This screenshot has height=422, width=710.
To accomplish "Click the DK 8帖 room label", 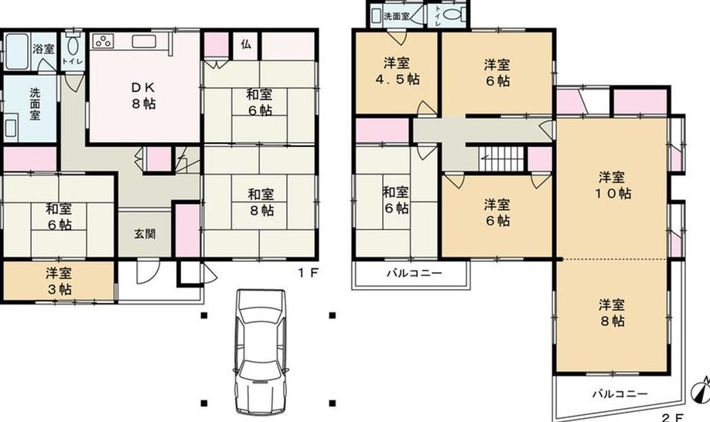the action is [144, 95].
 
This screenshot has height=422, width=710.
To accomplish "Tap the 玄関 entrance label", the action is [145, 234].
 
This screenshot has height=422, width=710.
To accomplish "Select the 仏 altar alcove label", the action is [246, 44].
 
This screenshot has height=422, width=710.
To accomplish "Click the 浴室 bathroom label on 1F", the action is [44, 49].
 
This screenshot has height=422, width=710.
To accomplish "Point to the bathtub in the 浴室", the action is [17, 51].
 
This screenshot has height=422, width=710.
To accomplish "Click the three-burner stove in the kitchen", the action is [103, 42].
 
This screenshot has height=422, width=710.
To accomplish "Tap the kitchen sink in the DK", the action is [144, 42].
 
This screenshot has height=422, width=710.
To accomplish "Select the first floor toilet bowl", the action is [73, 46].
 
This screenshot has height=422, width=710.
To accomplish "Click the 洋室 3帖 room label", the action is [59, 281].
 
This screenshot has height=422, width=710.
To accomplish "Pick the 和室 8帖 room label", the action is [261, 202].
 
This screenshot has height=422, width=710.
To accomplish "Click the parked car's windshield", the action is [261, 315].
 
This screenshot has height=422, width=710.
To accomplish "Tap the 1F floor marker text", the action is [309, 273].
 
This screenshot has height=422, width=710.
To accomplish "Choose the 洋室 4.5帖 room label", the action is [397, 71].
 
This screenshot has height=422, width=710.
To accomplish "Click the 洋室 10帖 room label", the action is [613, 185].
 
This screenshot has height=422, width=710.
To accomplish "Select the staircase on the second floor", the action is [501, 158].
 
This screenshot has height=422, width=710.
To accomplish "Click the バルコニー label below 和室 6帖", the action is [415, 273].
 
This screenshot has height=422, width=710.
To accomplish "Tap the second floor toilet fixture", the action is [453, 14].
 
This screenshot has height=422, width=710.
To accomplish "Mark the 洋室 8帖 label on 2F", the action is [613, 312].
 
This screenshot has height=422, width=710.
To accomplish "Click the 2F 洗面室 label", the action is [397, 16].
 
